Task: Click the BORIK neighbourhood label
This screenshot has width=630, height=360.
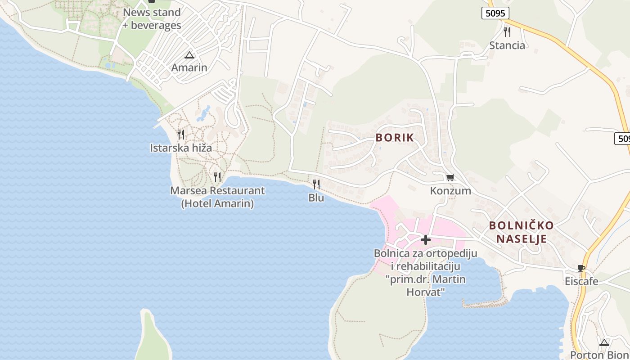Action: tap(395, 138)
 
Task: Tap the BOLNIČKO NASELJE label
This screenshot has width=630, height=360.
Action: tap(521, 232)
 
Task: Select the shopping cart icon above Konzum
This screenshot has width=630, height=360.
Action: tap(450, 177)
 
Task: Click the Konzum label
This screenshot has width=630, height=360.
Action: tap(450, 191)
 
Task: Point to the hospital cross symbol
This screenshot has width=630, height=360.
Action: tap(425, 240)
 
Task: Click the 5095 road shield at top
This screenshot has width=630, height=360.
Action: tap(495, 13)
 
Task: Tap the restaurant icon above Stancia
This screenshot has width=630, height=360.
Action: tap(507, 31)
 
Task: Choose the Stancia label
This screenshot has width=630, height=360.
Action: tap(507, 45)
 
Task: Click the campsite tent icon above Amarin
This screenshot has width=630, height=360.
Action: tap(189, 55)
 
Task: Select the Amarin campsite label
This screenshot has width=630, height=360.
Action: tap(189, 68)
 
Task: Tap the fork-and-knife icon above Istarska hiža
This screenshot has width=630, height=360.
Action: tap(181, 134)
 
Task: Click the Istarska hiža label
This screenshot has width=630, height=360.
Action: tap(181, 148)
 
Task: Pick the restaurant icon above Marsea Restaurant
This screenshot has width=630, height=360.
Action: tap(217, 177)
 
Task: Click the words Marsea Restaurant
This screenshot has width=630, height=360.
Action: tap(217, 191)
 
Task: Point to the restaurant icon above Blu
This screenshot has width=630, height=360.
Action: tap(316, 184)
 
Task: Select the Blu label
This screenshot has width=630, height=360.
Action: tap(316, 198)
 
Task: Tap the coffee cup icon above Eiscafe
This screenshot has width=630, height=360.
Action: tap(581, 268)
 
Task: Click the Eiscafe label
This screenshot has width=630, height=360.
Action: tap(581, 282)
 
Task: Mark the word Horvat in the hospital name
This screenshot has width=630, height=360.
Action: tap(425, 292)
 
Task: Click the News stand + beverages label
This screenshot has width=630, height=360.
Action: tap(152, 19)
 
